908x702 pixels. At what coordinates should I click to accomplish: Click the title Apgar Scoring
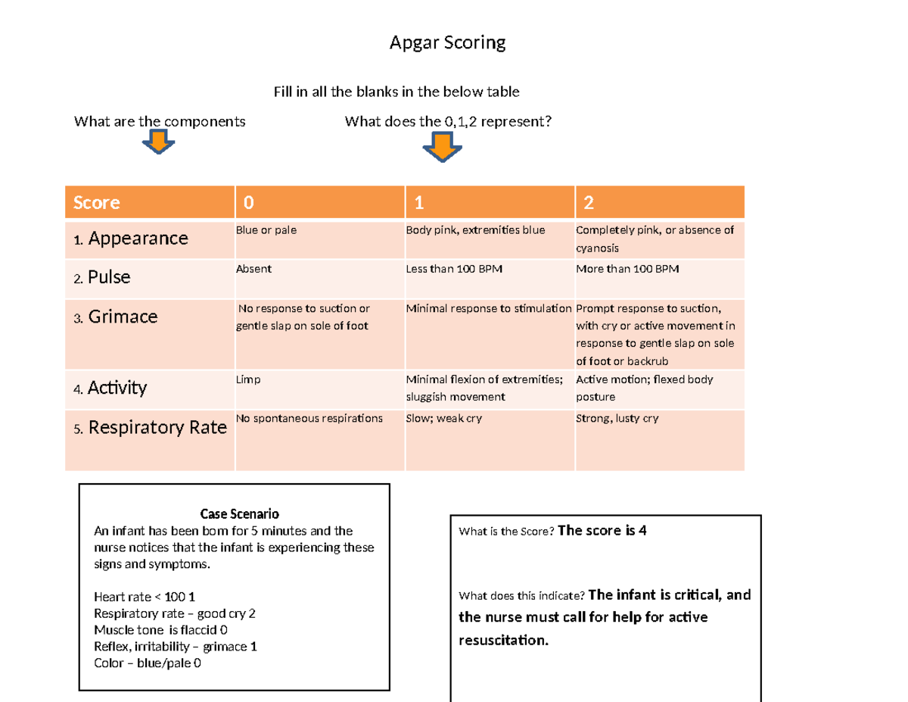447,43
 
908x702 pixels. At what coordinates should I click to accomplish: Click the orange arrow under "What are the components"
159,141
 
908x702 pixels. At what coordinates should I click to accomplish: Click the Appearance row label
138,239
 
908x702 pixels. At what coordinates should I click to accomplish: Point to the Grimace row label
123,317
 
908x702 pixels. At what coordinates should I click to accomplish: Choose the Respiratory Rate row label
157,428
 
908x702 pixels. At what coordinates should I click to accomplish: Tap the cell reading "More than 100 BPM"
623,269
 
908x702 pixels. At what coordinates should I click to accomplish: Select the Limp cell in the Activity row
248,379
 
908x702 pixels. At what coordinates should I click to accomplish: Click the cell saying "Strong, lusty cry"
617,418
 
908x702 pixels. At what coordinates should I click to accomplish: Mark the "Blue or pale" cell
266,230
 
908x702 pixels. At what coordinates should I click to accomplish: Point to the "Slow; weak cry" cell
444,418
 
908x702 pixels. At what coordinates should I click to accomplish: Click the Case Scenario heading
234,515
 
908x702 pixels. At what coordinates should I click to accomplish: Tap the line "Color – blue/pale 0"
148,663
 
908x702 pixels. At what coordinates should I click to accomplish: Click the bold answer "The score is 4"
602,531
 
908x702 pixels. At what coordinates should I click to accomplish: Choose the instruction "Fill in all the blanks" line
396,92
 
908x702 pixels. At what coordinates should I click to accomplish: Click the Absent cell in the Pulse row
253,269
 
